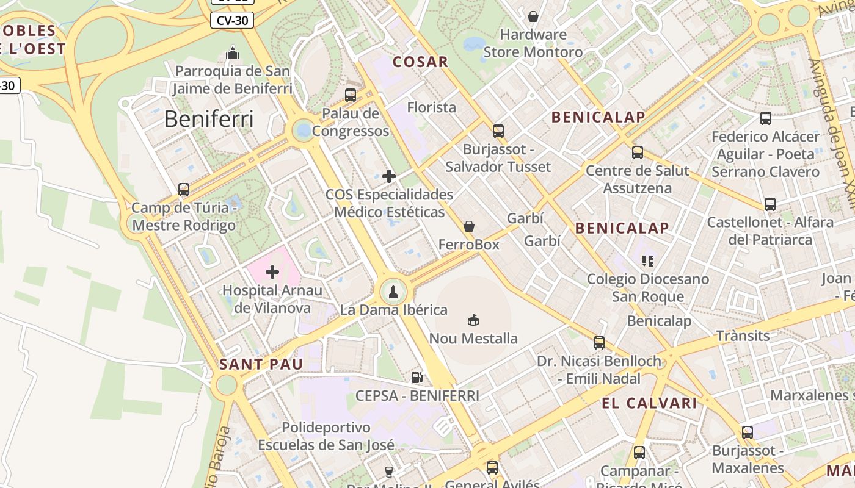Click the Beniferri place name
coord(209,119)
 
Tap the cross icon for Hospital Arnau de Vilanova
coord(272,272)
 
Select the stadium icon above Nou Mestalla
coord(473,320)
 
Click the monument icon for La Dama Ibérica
coord(393,292)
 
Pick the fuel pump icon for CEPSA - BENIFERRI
coord(417,378)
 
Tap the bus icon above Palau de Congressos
coord(351,95)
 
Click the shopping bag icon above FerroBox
coord(469,226)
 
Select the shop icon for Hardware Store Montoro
coord(533,16)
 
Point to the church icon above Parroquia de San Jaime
coord(232,54)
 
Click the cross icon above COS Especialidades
coord(389,177)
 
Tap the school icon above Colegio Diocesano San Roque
coord(648,261)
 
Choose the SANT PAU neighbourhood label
coord(261,365)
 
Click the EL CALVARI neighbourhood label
coord(649,403)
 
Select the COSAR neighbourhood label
coord(420,62)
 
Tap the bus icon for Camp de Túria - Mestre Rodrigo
coord(184,190)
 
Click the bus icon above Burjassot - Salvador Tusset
coord(498,131)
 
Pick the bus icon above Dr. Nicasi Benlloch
coord(599,343)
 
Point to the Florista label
coord(432,107)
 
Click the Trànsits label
coord(743,335)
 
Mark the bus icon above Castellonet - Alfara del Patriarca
coord(770,204)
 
